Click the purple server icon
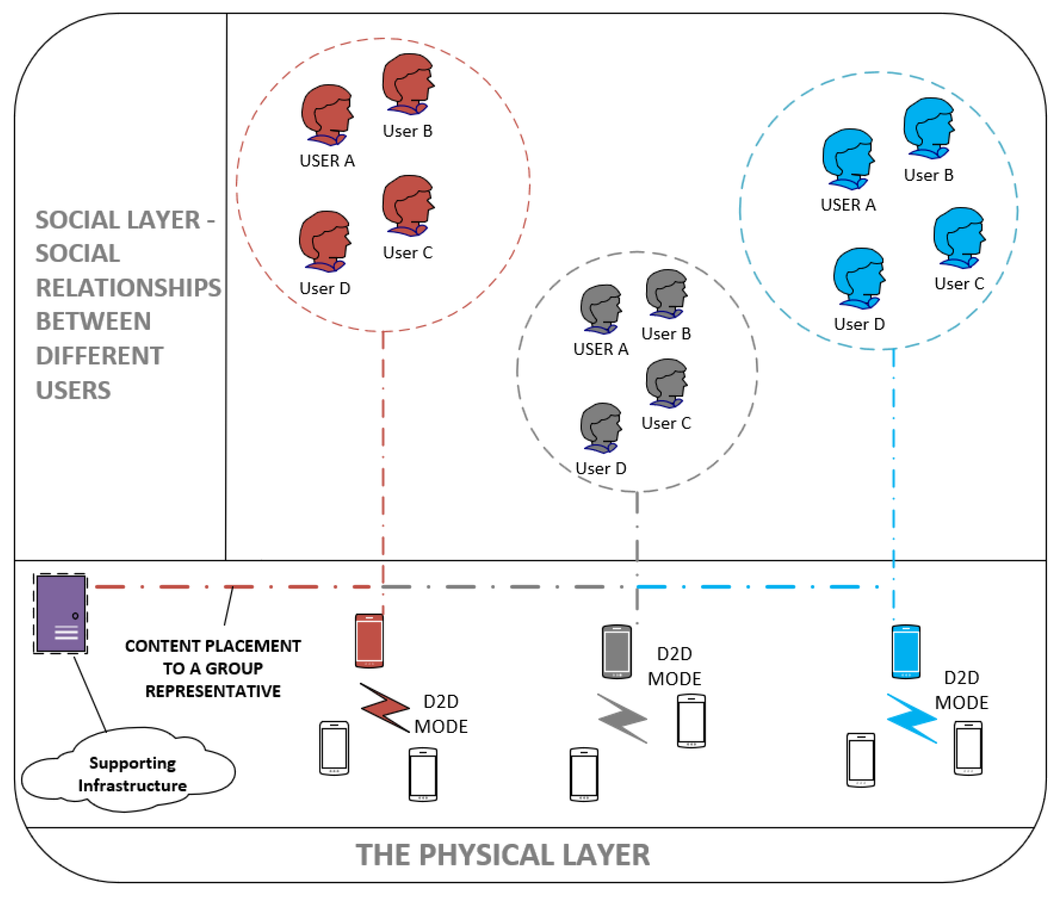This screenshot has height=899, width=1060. (x=61, y=614)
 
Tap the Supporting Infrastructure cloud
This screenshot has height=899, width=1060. (x=128, y=770)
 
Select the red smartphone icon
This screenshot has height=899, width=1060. (x=369, y=641)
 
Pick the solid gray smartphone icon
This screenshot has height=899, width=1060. (x=616, y=652)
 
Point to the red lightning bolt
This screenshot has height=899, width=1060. (x=385, y=707)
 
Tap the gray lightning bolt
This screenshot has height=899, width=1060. (x=623, y=718)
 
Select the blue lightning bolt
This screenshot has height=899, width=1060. (x=912, y=718)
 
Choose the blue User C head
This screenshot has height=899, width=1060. (x=959, y=238)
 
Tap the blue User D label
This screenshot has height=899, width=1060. (x=859, y=324)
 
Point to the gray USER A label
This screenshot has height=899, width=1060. (x=601, y=349)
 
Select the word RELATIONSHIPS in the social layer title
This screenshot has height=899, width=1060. (x=128, y=288)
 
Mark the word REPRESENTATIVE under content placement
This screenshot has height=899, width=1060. (x=213, y=692)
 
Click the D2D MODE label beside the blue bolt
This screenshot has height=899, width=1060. (x=961, y=690)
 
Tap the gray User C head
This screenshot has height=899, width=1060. (x=666, y=383)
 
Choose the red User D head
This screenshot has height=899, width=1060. (x=325, y=242)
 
